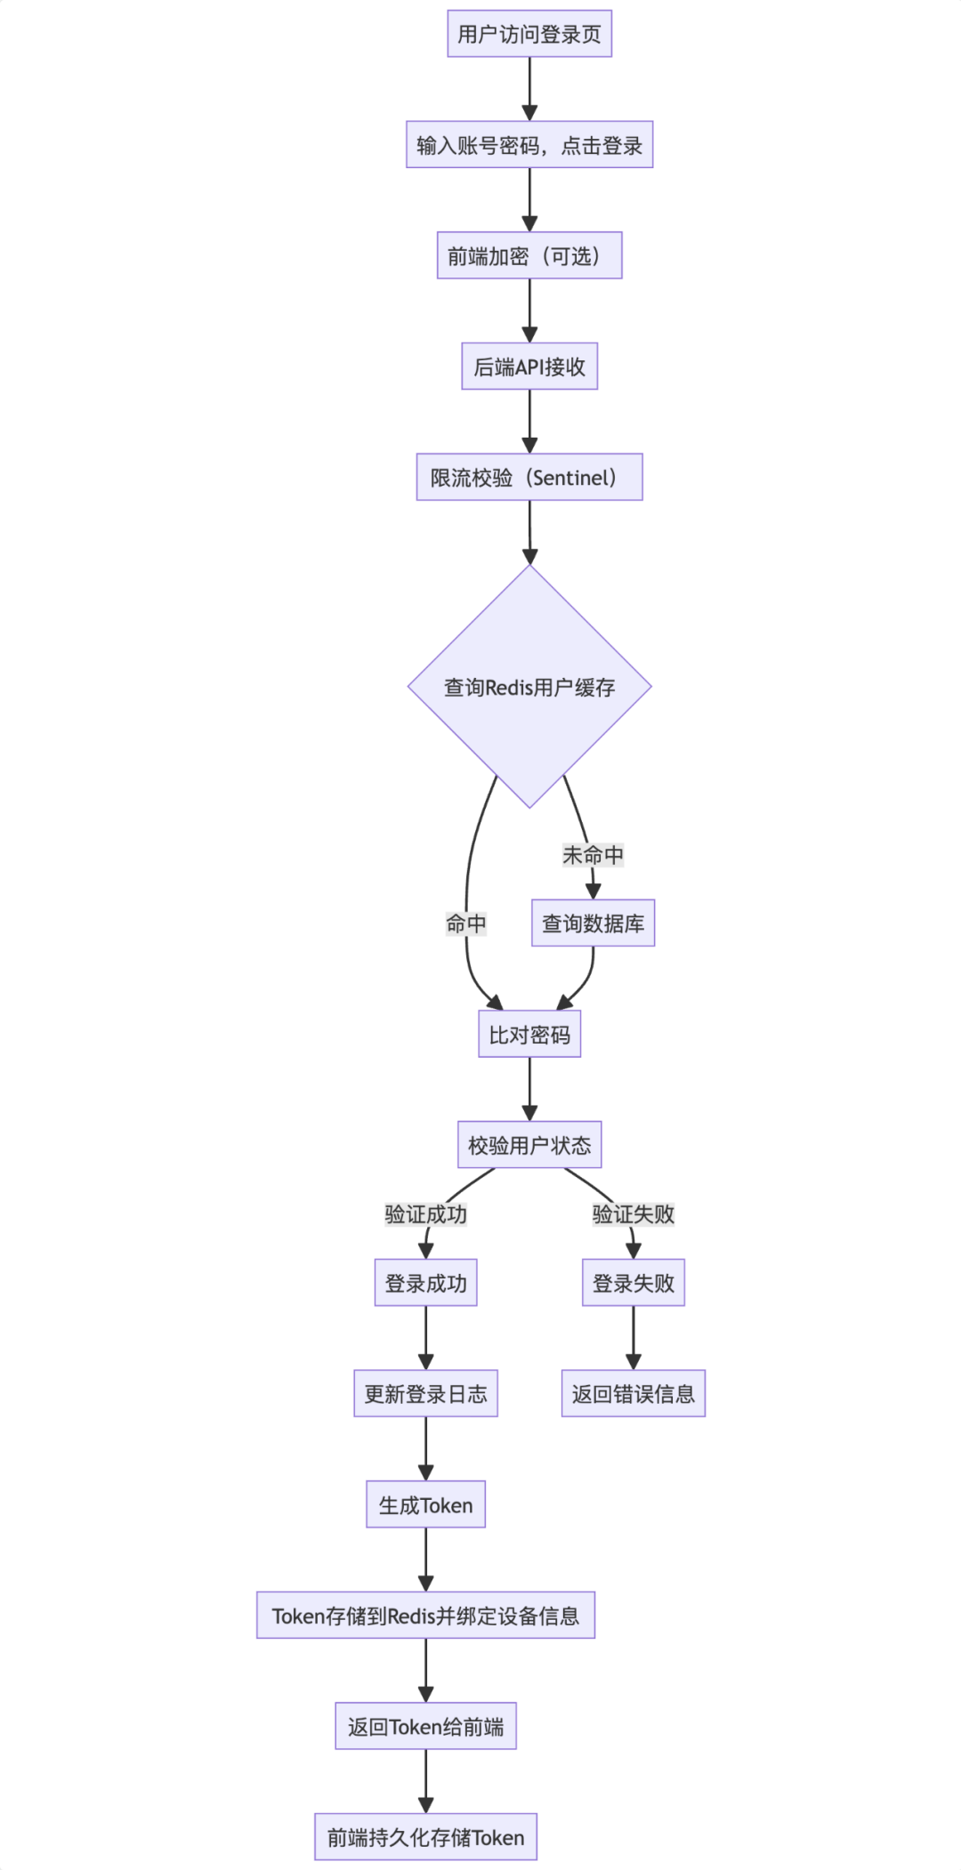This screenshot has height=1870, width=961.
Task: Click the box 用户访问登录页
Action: (529, 34)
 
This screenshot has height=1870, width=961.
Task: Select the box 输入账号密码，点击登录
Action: (529, 145)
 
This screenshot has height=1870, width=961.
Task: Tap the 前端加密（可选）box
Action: (529, 256)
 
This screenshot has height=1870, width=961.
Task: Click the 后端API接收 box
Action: (529, 367)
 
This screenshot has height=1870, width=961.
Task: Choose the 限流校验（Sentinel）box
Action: (529, 478)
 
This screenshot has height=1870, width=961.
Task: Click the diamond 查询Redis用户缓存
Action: (529, 687)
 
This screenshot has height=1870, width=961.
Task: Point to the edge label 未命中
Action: (593, 855)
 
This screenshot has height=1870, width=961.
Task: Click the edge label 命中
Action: (466, 923)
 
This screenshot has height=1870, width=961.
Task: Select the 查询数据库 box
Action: (593, 923)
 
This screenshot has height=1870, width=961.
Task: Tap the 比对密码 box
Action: (529, 1035)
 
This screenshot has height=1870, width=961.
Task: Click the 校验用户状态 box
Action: (529, 1145)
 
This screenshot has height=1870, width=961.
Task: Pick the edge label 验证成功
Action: (425, 1214)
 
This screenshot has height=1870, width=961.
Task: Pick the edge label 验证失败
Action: (634, 1214)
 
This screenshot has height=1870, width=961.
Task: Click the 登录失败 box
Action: (634, 1283)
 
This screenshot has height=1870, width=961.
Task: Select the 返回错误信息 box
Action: (634, 1394)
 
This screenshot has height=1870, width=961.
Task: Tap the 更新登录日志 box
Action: (425, 1394)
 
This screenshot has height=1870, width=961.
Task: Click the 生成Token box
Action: (425, 1505)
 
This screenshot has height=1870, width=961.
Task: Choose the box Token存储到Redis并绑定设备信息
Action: (425, 1616)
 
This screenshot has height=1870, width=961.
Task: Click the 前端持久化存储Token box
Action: (425, 1837)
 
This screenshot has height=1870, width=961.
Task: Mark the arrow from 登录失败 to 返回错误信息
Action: (634, 1337)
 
